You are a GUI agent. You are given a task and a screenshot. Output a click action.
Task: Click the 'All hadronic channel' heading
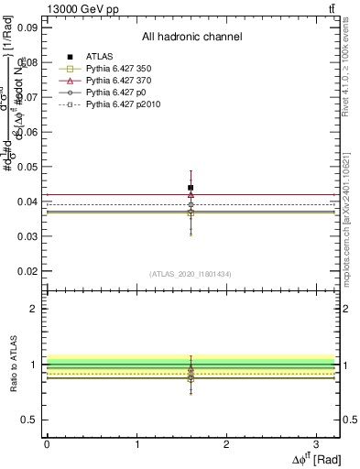pyautogui.click(x=191, y=38)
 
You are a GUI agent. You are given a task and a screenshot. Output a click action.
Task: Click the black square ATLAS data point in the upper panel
pyautogui.click(x=191, y=188)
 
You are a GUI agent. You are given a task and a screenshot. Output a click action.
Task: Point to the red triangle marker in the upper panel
pyautogui.click(x=191, y=194)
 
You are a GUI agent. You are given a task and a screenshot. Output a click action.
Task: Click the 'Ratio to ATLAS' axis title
pyautogui.click(x=12, y=365)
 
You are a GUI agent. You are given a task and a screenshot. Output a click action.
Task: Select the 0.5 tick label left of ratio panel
pyautogui.click(x=28, y=420)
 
